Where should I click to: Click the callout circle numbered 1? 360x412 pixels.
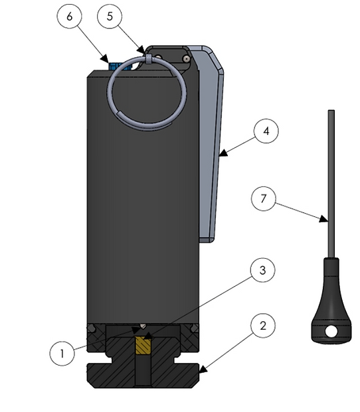(62, 352)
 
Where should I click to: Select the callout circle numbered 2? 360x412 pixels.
(264, 326)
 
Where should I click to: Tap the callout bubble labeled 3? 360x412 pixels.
(264, 271)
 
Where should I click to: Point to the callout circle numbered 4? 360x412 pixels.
(266, 131)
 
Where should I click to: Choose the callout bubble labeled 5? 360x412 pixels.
(110, 17)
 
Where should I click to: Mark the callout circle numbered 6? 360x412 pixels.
(70, 17)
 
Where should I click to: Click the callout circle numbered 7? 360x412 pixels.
(264, 198)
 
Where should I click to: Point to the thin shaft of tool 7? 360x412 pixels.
(330, 172)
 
